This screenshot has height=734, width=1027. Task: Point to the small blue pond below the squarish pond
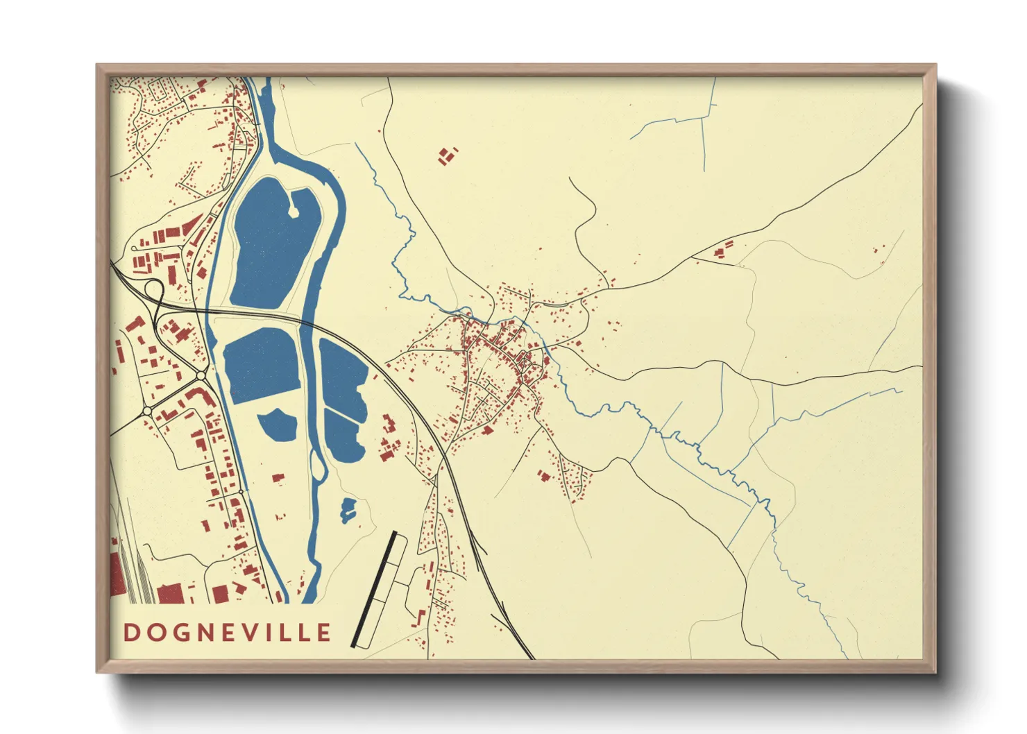[x=278, y=424]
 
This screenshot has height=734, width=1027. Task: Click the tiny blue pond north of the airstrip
[x=348, y=510]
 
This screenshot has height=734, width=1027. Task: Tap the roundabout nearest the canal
[x=201, y=375]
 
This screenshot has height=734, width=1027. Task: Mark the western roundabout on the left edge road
[x=147, y=411]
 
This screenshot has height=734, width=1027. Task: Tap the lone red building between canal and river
[x=278, y=478]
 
